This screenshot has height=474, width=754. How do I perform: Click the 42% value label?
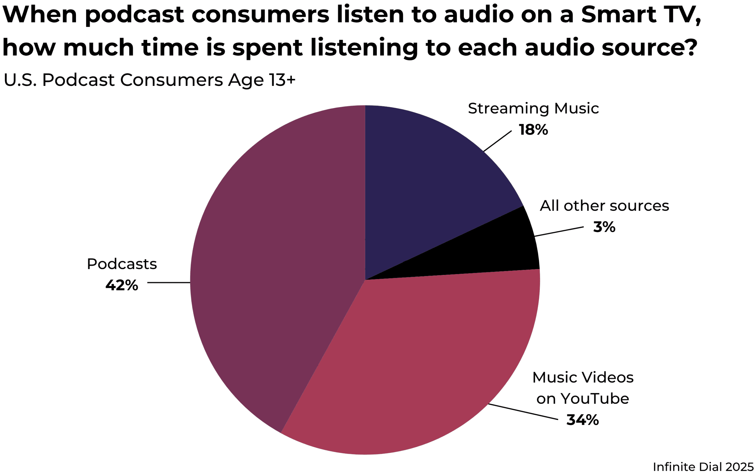[121, 286]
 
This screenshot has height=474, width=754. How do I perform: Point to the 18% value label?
[533, 130]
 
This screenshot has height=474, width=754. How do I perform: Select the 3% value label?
[604, 227]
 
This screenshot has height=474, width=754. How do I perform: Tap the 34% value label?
[582, 420]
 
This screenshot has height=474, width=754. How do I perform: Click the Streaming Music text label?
[533, 109]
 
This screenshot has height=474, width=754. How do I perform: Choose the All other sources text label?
[604, 206]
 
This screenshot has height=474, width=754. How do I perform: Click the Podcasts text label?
[122, 264]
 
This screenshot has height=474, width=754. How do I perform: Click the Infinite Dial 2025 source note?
[703, 467]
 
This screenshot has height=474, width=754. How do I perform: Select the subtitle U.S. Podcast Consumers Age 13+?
[149, 80]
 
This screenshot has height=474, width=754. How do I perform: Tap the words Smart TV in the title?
[640, 15]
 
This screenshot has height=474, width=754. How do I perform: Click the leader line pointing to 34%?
[523, 412]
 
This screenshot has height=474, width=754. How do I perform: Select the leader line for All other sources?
[559, 231]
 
